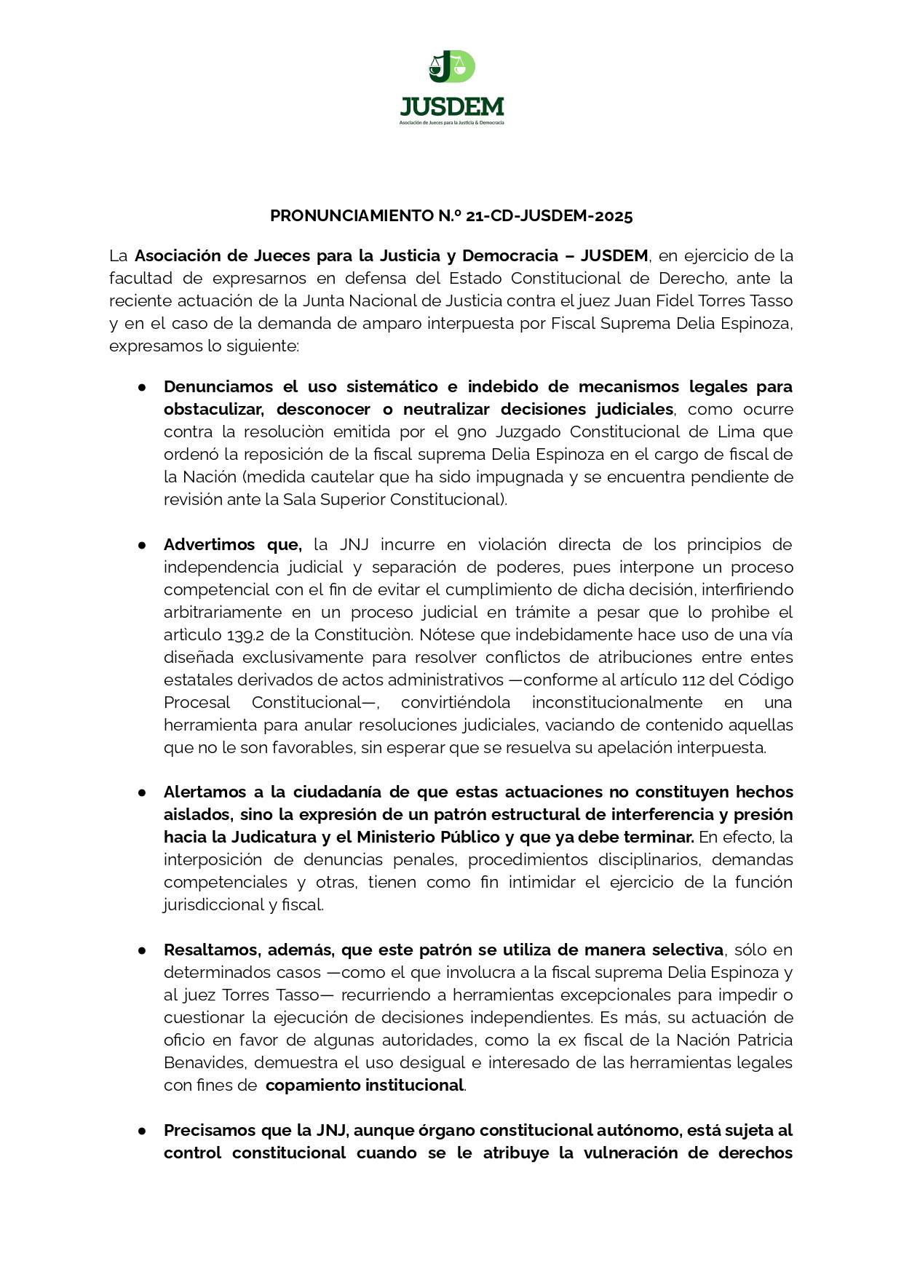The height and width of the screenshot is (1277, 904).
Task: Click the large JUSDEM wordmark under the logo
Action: [x=451, y=108]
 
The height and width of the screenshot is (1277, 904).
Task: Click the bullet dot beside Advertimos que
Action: [x=143, y=545]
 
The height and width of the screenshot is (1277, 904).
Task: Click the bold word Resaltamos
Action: [x=211, y=950]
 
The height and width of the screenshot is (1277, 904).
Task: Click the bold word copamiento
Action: [x=312, y=1086]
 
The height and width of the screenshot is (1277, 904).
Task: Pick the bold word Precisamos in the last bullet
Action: [x=208, y=1131]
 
